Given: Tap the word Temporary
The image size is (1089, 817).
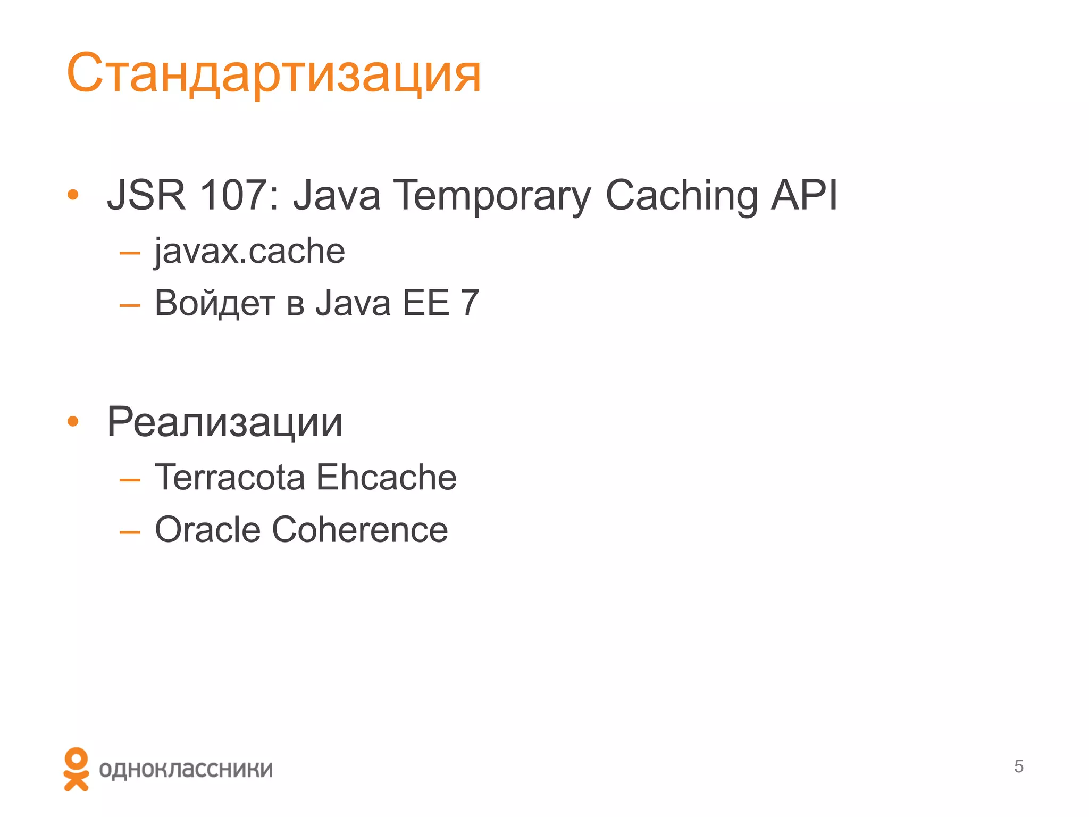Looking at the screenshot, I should click(x=491, y=196).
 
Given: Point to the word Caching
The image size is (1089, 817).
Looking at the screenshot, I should click(x=682, y=196).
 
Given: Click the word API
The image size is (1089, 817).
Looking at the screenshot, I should click(x=804, y=195).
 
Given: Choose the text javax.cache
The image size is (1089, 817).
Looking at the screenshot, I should click(x=249, y=251).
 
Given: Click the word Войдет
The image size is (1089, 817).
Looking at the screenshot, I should click(x=215, y=303).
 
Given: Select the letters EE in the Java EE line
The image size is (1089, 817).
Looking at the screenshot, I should click(x=426, y=303).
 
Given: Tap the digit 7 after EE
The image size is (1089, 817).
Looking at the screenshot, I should click(x=470, y=303).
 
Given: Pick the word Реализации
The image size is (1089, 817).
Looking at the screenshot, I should click(x=225, y=422).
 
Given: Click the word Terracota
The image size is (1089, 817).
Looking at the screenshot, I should click(x=230, y=477).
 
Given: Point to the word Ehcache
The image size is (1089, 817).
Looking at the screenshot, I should click(x=387, y=477).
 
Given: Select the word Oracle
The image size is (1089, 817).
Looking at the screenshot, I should click(x=207, y=530).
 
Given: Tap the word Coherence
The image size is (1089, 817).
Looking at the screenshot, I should click(x=360, y=530).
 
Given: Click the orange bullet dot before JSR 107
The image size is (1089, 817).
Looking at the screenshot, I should click(x=73, y=195).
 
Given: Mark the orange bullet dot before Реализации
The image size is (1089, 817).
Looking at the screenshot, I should click(x=73, y=422).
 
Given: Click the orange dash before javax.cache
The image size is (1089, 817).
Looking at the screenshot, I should click(x=130, y=253).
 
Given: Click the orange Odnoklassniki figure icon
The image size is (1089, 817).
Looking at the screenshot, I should click(x=76, y=769).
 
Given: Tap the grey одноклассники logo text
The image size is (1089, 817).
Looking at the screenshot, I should click(x=186, y=770).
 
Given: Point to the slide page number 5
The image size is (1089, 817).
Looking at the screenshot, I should click(x=1018, y=766).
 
